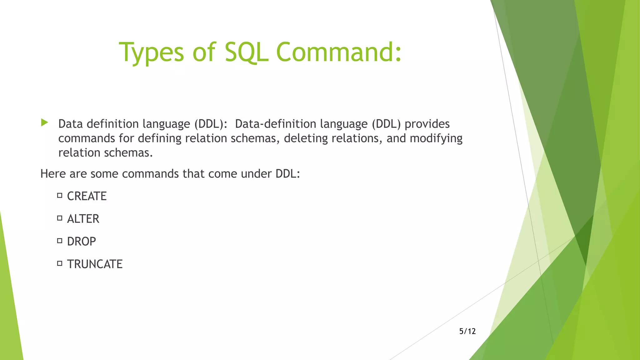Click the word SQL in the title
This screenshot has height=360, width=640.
coord(246,52)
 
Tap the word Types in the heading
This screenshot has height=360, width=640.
coord(151,52)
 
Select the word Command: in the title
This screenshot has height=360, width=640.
coord(339,52)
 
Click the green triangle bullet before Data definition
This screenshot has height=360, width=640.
coord(44,122)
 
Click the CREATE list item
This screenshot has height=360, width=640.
coord(87,196)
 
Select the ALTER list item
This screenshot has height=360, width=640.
coord(83,219)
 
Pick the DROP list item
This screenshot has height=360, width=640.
coord(81,242)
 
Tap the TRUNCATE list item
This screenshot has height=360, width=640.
coord(95,264)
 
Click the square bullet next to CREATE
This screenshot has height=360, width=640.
coord(60,196)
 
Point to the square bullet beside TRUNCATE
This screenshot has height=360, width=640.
coord(60,263)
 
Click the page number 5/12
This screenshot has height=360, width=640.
coord(467,331)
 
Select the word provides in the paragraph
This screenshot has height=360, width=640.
coord(427,124)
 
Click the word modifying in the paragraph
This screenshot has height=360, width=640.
coord(436,138)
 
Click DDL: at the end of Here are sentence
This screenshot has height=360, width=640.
coord(287,174)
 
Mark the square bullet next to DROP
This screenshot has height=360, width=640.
coord(60,241)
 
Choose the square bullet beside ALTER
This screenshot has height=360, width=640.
coord(60,218)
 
